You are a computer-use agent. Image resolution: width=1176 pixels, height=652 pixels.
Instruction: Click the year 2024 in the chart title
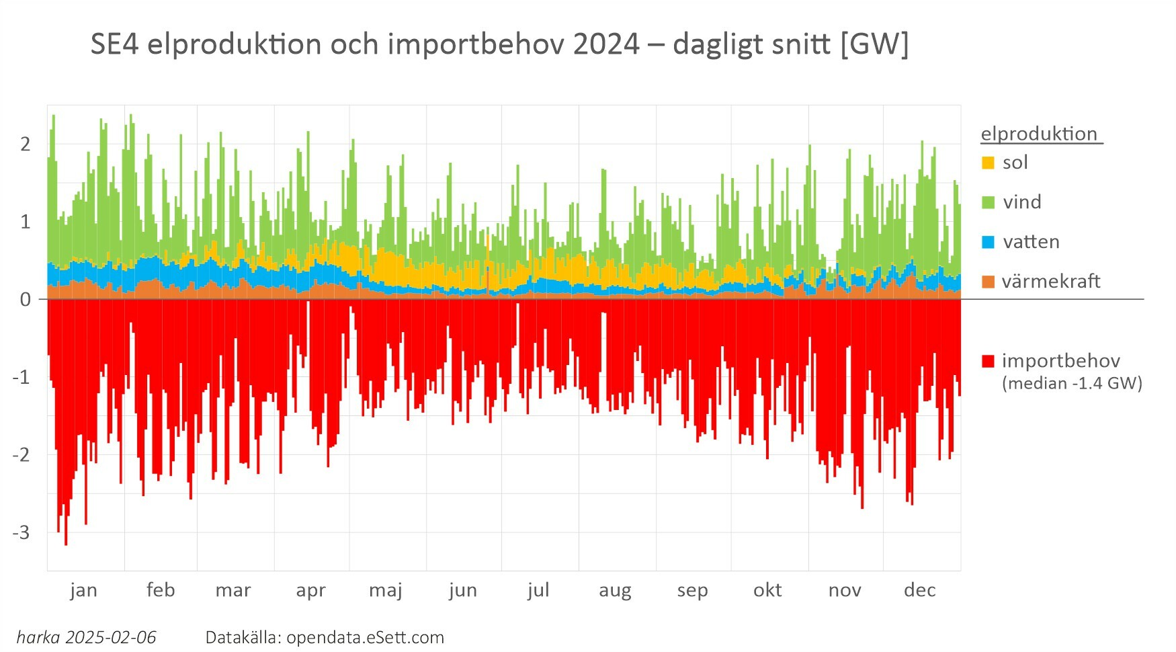[607, 44]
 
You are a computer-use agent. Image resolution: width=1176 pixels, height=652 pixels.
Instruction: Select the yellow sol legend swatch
[987, 163]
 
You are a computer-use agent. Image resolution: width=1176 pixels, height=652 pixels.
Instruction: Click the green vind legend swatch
[987, 202]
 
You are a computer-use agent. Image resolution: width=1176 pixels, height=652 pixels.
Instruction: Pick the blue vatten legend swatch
[987, 242]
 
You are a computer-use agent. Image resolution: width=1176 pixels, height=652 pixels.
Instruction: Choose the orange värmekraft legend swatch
[987, 282]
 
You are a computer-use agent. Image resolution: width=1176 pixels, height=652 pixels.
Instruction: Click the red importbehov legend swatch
[987, 361]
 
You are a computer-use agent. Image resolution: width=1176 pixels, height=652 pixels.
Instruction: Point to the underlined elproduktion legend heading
[1039, 134]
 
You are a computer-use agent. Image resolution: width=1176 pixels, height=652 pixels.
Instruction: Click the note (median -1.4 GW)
[1072, 383]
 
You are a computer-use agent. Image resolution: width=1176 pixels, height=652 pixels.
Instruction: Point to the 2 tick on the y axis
[26, 144]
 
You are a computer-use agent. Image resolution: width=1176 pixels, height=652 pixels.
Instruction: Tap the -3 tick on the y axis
[22, 532]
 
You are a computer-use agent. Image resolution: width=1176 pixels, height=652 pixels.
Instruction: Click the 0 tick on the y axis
[26, 300]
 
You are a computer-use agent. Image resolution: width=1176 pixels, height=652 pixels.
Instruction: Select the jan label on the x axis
[83, 590]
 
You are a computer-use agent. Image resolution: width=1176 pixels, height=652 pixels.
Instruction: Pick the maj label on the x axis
[386, 590]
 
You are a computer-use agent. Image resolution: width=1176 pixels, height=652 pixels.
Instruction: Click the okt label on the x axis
[767, 590]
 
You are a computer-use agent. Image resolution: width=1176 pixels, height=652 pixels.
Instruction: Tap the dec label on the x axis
[920, 590]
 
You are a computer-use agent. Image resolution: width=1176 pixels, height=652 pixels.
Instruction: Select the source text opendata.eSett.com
[365, 637]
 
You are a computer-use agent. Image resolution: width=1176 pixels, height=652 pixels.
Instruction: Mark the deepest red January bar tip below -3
[66, 543]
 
